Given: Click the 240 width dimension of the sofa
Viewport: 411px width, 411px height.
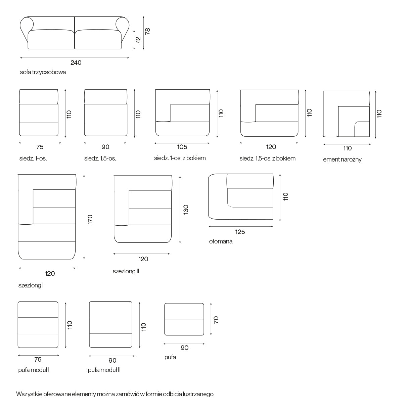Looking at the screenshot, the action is [76, 63].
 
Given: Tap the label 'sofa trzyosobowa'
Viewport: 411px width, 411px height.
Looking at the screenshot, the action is [43, 72].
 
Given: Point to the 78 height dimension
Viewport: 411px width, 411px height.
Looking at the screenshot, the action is [148, 31].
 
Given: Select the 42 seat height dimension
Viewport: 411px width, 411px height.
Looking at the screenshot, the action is [138, 40].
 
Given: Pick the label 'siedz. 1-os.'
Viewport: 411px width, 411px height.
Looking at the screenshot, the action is [33, 158].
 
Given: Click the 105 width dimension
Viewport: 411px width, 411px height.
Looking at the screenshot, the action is [182, 147].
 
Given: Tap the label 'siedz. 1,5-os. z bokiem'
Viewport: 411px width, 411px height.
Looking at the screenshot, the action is [268, 158].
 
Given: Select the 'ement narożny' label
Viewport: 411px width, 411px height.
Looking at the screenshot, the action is [342, 159].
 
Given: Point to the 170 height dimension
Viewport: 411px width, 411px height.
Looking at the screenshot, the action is [90, 219].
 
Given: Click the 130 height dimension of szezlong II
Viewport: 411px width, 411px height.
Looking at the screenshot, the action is [186, 210].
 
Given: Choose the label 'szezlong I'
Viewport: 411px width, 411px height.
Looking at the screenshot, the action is [31, 285].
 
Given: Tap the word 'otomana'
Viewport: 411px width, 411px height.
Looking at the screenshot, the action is [221, 241].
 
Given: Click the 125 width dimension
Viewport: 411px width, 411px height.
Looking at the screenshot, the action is [240, 232].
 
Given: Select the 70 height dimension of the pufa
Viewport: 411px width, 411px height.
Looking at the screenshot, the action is [216, 320].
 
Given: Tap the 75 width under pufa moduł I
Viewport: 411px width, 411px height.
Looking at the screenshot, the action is [38, 359].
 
